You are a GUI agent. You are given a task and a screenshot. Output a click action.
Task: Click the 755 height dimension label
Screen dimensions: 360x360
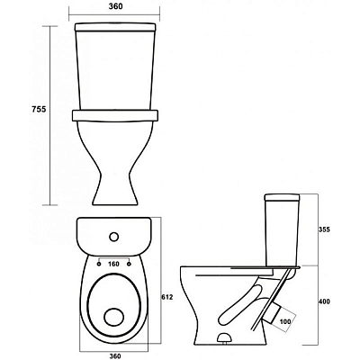click(x=39, y=109)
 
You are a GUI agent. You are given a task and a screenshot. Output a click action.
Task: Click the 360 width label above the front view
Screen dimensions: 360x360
click(x=115, y=6)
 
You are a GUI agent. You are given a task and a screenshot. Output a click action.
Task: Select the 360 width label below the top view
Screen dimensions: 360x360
click(x=115, y=356)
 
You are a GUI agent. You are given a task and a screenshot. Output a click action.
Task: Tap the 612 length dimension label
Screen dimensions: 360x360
click(x=168, y=297)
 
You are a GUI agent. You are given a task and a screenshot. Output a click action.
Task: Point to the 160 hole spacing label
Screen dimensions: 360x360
click(x=113, y=264)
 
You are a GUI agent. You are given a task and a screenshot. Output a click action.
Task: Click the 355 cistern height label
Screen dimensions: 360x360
click(x=324, y=229)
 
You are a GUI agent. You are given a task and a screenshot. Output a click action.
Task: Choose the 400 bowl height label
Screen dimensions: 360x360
click(x=324, y=301)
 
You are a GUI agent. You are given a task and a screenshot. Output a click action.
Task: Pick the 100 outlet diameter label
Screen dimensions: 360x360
click(x=285, y=322)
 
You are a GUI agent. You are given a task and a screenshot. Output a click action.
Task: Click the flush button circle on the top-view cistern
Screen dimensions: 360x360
click(x=114, y=237)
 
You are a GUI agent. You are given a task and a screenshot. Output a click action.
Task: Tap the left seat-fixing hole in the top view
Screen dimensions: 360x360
click(x=98, y=264)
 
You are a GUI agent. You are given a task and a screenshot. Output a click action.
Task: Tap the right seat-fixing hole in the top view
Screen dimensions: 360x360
click(x=130, y=264)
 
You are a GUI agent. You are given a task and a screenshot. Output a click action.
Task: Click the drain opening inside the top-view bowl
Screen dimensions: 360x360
click(x=114, y=317)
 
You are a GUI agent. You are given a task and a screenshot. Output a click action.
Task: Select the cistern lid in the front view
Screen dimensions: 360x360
click(x=115, y=27)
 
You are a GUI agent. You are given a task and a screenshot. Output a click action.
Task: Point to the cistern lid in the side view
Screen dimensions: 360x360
click(x=282, y=197)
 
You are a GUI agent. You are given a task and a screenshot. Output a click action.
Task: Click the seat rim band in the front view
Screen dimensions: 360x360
click(x=115, y=116)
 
